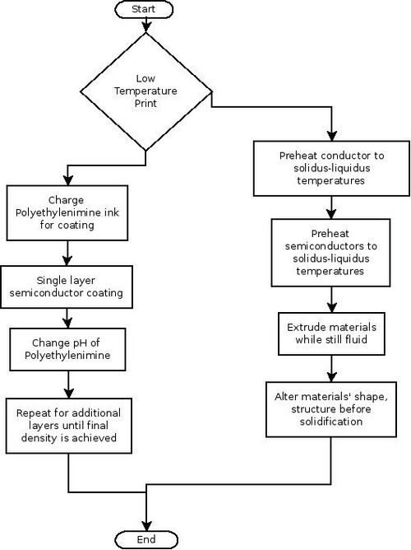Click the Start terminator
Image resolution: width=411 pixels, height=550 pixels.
click(144, 10)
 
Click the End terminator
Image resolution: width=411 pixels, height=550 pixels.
click(146, 539)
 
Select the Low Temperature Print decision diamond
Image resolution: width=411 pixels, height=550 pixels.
click(146, 91)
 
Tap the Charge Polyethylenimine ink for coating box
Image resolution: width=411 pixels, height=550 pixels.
click(67, 213)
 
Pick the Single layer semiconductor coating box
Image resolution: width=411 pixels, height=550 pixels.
click(67, 287)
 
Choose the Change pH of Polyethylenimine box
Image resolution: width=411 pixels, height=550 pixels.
click(67, 349)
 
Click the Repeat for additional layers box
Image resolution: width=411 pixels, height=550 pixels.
click(68, 426)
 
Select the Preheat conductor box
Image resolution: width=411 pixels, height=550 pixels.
click(331, 168)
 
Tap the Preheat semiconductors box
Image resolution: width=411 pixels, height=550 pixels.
click(330, 253)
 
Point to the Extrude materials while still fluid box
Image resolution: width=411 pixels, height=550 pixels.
click(331, 333)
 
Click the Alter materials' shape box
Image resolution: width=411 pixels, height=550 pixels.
click(331, 409)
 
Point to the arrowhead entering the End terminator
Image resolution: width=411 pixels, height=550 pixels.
click(146, 526)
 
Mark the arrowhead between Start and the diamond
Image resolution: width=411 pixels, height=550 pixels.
click(146, 27)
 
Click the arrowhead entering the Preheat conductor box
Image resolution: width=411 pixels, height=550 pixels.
click(331, 136)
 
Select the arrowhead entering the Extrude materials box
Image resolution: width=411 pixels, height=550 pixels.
click(331, 307)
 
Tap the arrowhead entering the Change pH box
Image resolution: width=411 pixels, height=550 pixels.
click(67, 323)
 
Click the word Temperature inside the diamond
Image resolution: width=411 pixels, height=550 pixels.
click(145, 91)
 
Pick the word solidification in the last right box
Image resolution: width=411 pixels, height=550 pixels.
click(331, 422)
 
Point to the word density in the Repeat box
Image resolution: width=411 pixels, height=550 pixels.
click(39, 438)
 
